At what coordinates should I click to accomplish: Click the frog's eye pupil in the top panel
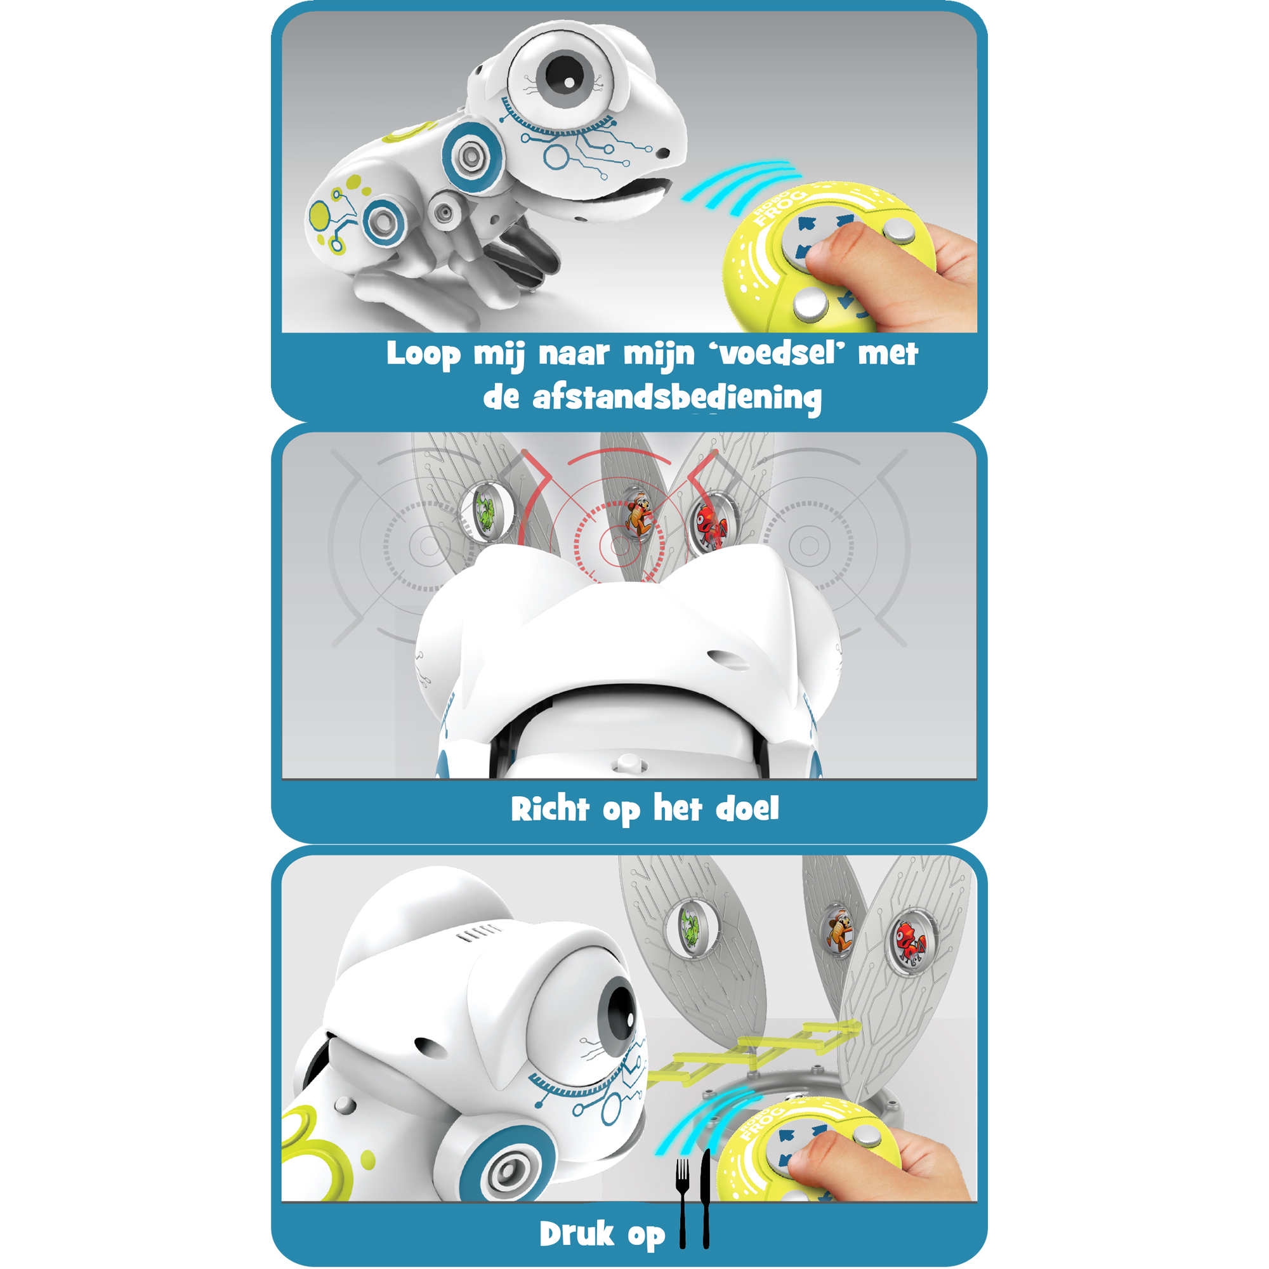point(564,75)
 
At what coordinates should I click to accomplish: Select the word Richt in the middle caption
point(549,808)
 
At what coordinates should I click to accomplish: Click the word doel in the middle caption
point(747,808)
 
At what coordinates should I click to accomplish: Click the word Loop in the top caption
point(424,355)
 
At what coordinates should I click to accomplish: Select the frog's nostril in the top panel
point(663,153)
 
